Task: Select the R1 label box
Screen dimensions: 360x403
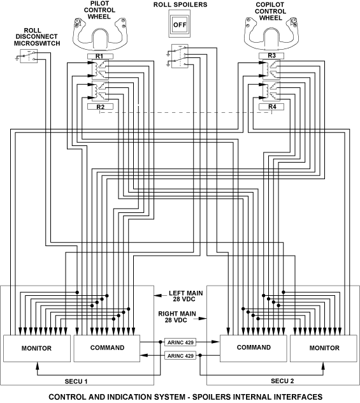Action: (100, 56)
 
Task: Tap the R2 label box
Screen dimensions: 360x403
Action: (100, 106)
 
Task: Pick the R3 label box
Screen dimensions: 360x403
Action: (271, 55)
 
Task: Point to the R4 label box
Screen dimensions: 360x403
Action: (271, 106)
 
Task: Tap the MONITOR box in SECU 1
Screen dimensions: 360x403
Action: (37, 348)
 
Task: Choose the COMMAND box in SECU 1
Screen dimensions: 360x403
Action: (107, 348)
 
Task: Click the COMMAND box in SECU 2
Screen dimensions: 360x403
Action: (254, 348)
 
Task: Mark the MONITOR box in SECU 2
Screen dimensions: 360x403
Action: (324, 348)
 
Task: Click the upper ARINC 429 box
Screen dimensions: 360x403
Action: (180, 342)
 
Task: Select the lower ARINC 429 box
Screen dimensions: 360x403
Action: (180, 356)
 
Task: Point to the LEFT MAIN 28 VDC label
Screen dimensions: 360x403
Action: (185, 296)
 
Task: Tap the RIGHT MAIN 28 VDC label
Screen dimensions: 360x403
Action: (177, 317)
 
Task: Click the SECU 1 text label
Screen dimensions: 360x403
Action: (76, 381)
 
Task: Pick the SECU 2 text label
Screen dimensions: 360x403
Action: (282, 381)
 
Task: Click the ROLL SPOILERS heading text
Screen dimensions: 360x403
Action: (180, 4)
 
